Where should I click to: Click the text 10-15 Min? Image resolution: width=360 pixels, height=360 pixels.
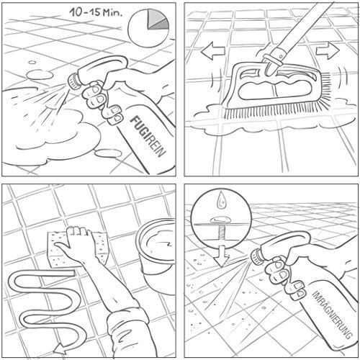pos(96,12)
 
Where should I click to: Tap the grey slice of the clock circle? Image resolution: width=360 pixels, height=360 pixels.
pos(156,20)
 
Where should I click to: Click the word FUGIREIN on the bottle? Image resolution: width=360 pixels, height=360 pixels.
pos(148,136)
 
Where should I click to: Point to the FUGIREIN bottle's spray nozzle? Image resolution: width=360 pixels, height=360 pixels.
pos(73,81)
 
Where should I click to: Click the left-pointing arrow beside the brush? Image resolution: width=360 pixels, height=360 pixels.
pos(212,51)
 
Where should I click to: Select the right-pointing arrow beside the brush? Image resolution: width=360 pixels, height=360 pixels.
pos(328,51)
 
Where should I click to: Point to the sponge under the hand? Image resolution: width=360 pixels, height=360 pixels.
pos(77,250)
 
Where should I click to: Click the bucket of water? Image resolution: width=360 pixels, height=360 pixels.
pos(156,254)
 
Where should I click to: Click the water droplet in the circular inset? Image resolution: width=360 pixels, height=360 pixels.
pos(222,201)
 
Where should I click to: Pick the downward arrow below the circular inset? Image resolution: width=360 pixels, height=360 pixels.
pos(222,256)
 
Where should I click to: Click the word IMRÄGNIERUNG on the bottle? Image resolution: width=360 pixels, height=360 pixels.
pos(333,315)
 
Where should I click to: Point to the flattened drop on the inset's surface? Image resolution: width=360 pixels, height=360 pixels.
pos(220,220)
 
